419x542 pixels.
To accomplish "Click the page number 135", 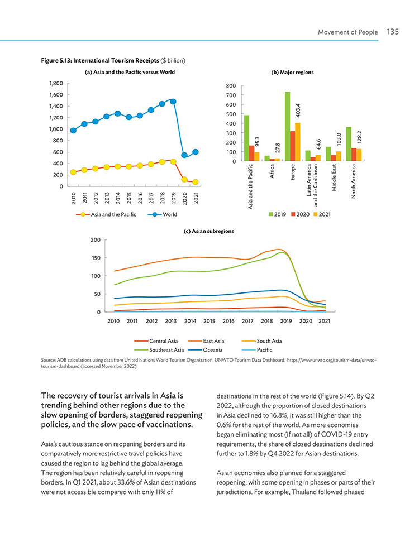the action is coord(393,32).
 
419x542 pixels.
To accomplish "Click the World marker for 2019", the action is coord(173,102).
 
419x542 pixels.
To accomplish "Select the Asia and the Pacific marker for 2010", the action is coord(73,172).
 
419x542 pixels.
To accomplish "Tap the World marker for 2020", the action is coord(184,155).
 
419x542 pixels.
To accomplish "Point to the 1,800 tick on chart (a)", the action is coord(56,83).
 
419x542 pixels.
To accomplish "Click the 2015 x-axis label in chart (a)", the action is coord(129,198).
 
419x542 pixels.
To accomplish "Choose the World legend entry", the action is coord(162,214).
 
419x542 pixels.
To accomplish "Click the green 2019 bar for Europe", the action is coord(287,126).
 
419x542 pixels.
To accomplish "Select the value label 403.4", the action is coord(298,110).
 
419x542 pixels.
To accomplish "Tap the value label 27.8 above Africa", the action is coord(278,147).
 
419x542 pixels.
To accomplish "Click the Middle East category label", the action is coord(334,178).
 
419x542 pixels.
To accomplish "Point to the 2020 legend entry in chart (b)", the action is coord(301,214).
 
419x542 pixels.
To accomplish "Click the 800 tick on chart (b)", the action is coord(231,86).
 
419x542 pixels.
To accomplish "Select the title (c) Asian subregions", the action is coord(208,231).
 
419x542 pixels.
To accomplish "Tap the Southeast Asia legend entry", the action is coord(159,350).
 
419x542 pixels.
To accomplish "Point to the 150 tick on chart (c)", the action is coord(96,258).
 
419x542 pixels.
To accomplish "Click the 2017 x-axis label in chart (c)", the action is coord(247,321).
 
